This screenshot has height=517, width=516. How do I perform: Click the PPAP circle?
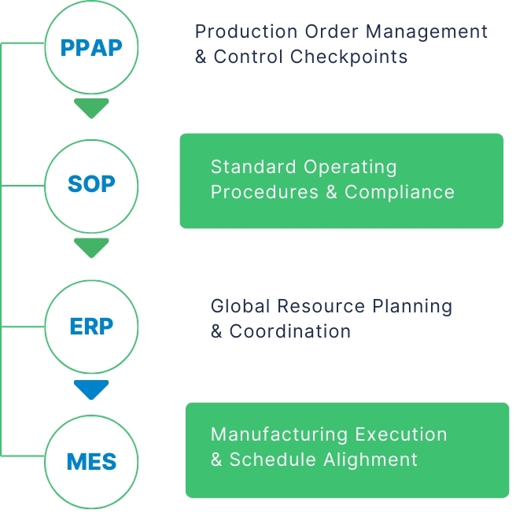[x=91, y=46]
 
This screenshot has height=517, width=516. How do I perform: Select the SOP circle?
[x=91, y=185]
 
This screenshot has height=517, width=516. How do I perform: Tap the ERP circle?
[x=91, y=324]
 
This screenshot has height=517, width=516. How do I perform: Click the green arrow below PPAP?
[x=92, y=109]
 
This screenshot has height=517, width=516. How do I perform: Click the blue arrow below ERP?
[x=92, y=389]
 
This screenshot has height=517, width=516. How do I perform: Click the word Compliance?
[x=400, y=192]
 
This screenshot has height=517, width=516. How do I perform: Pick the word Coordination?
[x=290, y=331]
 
